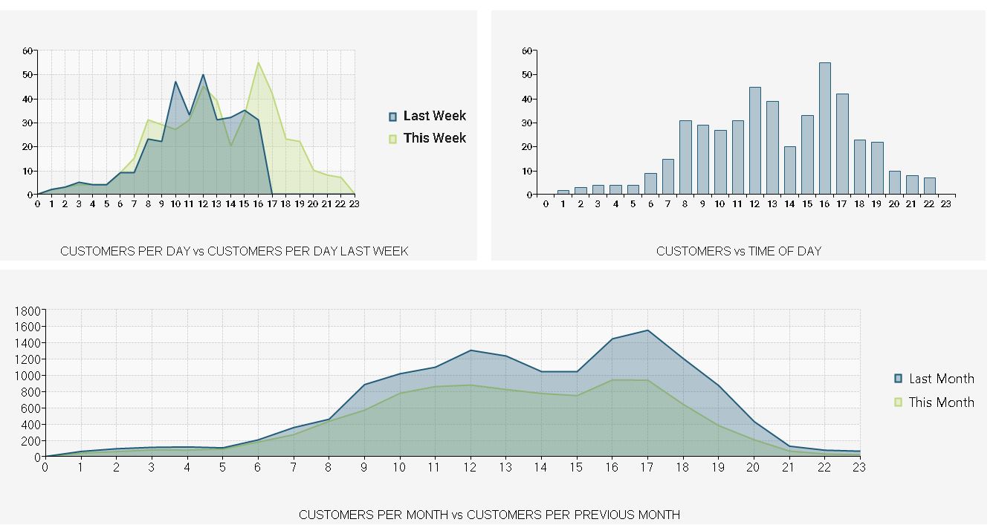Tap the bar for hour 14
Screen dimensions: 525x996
point(789,171)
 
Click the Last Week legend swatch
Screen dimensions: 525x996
point(392,117)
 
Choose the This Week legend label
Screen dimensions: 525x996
point(435,138)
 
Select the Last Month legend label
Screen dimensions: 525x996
point(941,379)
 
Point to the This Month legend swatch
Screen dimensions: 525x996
point(898,402)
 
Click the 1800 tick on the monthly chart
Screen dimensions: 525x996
point(27,310)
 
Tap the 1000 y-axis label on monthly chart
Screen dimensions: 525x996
point(27,376)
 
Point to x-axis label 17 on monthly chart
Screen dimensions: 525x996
point(647,467)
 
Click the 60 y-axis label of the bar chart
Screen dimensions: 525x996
point(528,51)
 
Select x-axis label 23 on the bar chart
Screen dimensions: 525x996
point(945,204)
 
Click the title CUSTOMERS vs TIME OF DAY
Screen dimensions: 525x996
point(738,251)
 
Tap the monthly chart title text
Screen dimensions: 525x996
point(489,515)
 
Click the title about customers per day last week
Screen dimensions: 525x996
point(234,251)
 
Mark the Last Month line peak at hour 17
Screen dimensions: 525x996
point(647,330)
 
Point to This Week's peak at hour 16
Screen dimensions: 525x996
point(258,62)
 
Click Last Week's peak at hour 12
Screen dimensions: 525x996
point(203,75)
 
